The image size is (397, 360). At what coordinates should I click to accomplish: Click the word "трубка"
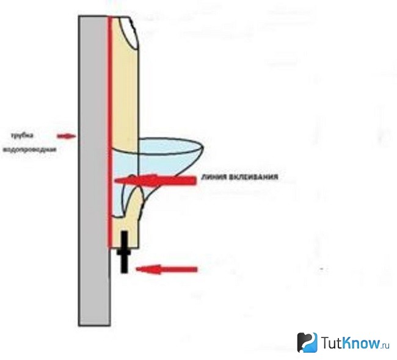(x=22, y=135)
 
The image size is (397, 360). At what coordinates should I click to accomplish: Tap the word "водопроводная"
(x=29, y=149)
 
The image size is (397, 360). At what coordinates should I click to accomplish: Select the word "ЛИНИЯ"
(x=214, y=177)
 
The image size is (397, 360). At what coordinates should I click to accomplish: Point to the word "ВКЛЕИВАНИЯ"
(x=253, y=177)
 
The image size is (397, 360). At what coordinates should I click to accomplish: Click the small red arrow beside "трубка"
(x=67, y=136)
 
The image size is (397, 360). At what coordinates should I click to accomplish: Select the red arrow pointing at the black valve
(x=167, y=270)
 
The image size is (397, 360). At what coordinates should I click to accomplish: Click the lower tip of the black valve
(x=124, y=273)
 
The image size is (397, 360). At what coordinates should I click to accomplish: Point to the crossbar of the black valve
(x=124, y=252)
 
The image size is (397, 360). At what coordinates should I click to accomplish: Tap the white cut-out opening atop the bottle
(x=129, y=32)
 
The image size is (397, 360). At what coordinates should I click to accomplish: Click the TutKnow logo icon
(x=307, y=342)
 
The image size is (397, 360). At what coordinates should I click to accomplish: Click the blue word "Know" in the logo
(x=361, y=342)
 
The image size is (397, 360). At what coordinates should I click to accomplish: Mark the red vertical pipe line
(x=110, y=132)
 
